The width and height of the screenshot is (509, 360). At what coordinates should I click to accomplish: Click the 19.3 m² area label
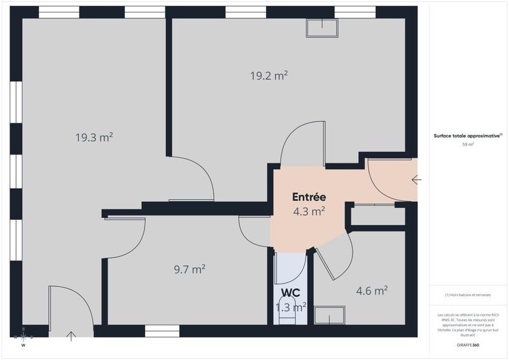coord(94,137)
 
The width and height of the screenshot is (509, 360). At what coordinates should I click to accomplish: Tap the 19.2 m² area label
coord(268,75)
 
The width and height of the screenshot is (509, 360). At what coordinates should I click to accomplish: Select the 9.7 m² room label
coord(190,270)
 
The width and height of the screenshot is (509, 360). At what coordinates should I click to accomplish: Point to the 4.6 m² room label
coord(372,291)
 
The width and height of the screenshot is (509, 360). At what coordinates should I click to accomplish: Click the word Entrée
coord(309,197)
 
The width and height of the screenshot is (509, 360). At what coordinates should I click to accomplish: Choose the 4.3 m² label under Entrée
coord(309,211)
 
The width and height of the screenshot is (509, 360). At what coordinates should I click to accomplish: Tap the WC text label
coord(291,293)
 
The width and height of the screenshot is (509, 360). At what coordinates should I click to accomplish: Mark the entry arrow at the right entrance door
coord(416,180)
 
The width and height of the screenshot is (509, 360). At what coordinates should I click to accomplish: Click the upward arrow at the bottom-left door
coord(71,335)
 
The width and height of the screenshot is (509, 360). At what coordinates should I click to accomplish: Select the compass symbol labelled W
coord(23,337)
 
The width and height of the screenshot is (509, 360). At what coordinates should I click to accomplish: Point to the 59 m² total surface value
coord(468,144)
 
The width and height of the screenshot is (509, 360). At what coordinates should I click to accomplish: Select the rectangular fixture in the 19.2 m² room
coord(323,27)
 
